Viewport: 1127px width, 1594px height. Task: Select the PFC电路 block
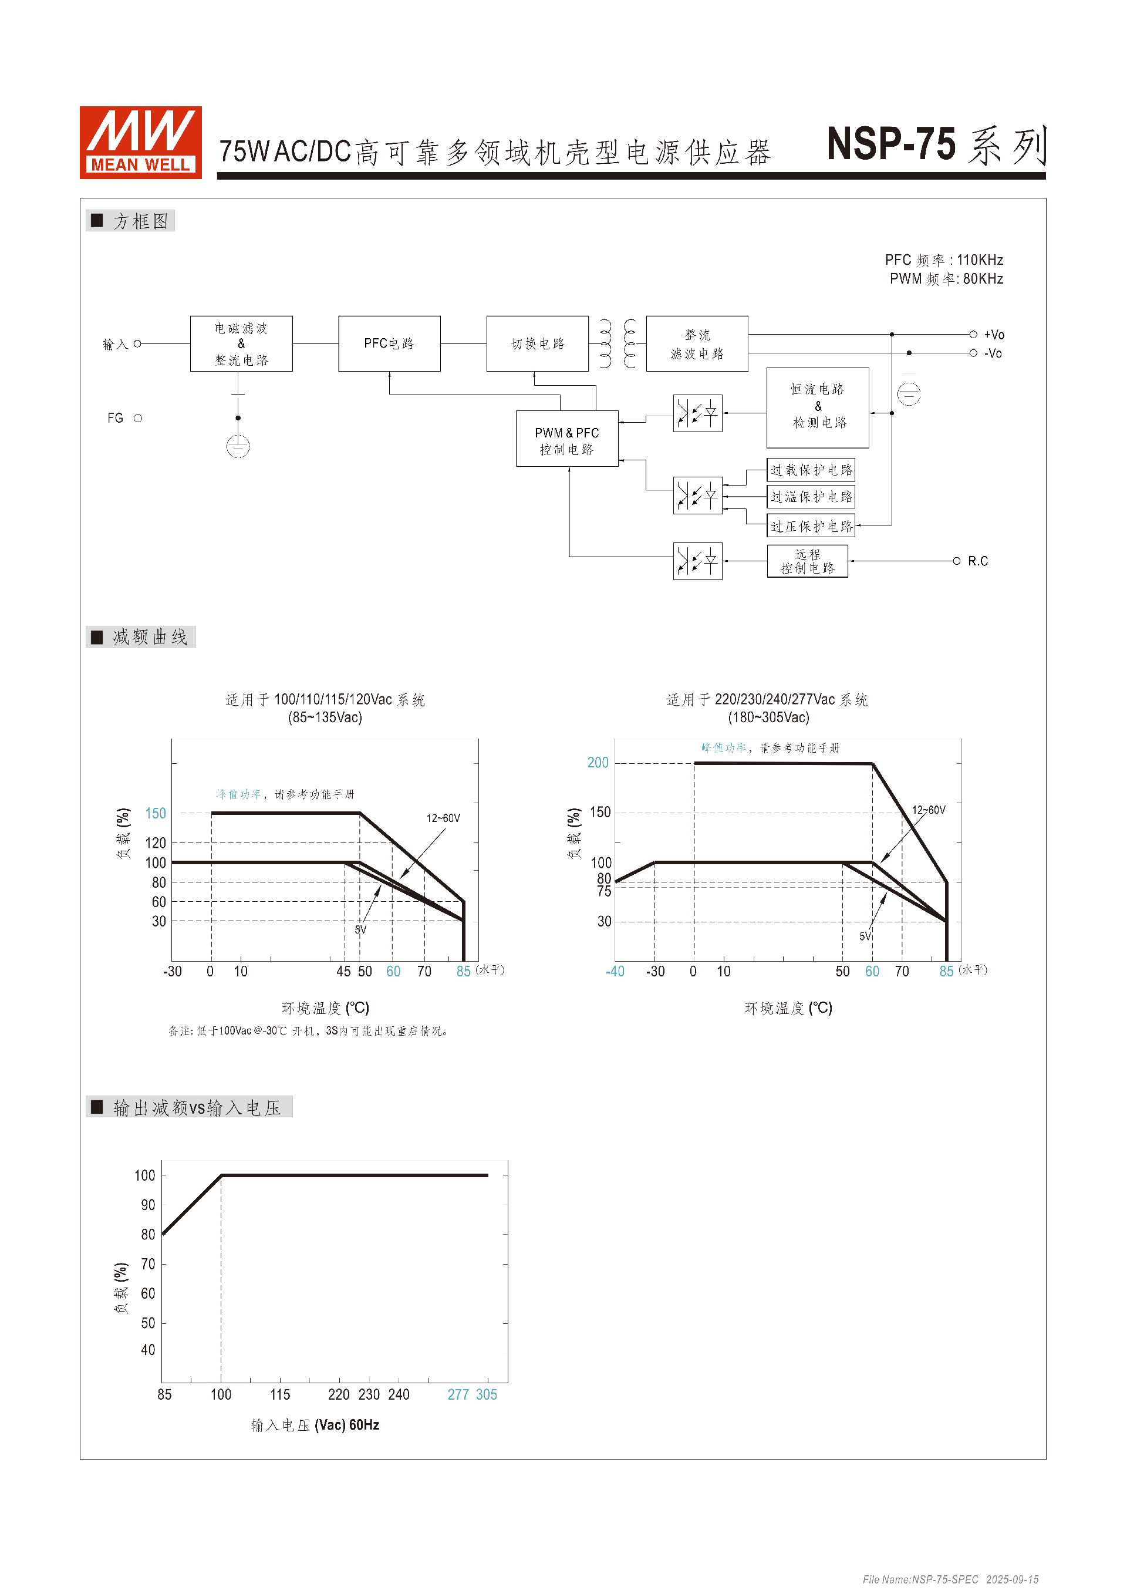coord(389,343)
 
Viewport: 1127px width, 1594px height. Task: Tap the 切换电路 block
coord(537,343)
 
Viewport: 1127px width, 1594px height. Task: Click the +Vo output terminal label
coord(993,335)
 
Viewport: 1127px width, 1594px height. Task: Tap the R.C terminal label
coord(977,561)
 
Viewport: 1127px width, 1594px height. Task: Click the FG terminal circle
coord(138,418)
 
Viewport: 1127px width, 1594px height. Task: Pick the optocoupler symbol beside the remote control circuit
coord(697,561)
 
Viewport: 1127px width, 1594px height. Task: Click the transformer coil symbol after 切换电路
coord(617,343)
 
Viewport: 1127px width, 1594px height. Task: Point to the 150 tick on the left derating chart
coord(156,813)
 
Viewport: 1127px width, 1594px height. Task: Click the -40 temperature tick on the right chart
coord(615,971)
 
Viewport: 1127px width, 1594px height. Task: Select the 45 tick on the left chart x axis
coord(343,971)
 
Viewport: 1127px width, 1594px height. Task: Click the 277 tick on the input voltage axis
coord(458,1395)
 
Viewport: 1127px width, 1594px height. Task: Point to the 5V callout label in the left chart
coord(360,929)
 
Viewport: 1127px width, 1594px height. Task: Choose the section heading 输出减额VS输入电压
coord(197,1107)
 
